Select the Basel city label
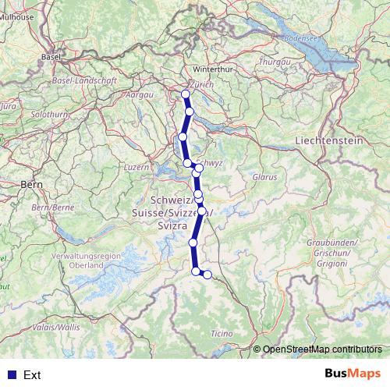coord(52,57)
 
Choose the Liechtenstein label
coord(330,140)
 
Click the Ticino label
coord(222,334)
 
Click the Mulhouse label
coord(16,15)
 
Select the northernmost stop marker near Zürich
coord(186,94)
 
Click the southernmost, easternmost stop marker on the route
coord(207,274)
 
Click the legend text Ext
coord(32,374)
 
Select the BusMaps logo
coord(353,374)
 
